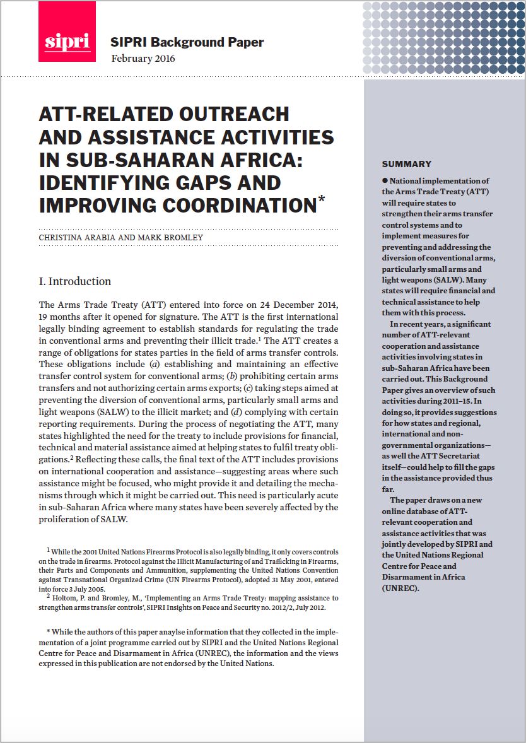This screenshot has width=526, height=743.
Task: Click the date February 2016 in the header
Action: (x=143, y=59)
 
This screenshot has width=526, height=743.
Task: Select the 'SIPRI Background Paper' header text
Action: (x=187, y=43)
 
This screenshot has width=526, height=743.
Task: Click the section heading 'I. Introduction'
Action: (x=75, y=281)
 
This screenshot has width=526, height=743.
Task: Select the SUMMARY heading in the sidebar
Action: (x=406, y=164)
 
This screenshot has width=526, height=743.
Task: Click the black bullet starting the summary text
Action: (x=385, y=181)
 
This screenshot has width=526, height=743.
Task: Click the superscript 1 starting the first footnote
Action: (x=48, y=551)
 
